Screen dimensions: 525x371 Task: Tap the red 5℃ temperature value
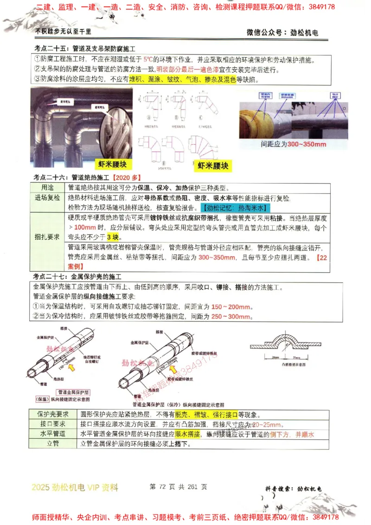(148, 60)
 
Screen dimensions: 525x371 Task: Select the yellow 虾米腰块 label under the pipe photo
(113, 165)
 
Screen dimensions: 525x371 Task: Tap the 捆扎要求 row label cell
(47, 237)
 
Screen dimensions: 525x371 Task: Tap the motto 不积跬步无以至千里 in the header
(63, 32)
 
